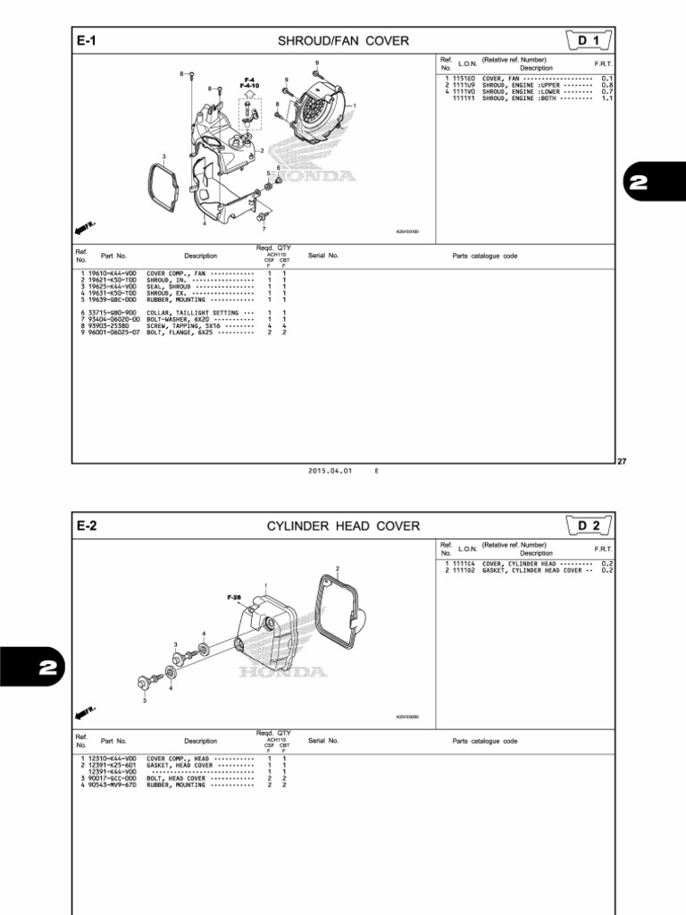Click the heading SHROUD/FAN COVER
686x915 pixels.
click(343, 41)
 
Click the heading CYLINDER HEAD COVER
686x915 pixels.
click(343, 526)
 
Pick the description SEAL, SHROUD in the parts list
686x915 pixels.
click(182, 286)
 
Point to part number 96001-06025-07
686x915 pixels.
click(114, 332)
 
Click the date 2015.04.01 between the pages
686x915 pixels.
click(328, 470)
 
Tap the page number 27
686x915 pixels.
click(623, 461)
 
